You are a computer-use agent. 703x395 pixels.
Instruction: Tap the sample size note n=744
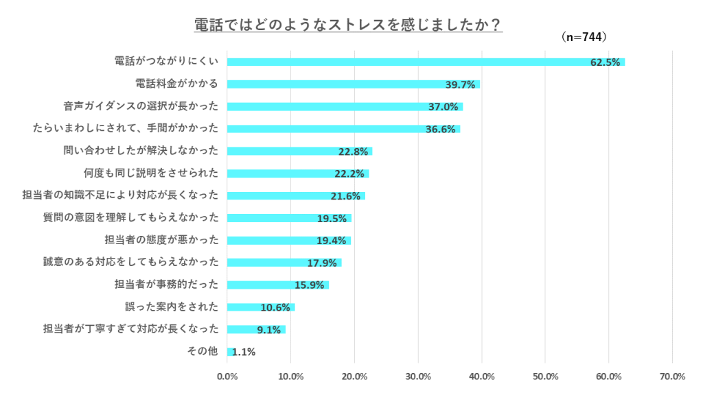[584, 38]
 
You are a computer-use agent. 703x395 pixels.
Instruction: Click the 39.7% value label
[461, 85]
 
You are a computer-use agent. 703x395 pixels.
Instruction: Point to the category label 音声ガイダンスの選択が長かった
[141, 106]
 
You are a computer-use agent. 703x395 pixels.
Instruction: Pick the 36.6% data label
[441, 130]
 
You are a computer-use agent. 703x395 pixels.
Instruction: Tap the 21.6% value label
[345, 196]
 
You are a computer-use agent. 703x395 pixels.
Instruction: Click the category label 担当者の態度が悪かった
[161, 240]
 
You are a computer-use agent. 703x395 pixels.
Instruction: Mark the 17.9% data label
[322, 263]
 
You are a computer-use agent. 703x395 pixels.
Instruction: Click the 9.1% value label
[269, 330]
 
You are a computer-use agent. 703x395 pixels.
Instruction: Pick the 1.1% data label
[244, 352]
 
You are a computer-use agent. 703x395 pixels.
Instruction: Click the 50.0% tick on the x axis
[545, 376]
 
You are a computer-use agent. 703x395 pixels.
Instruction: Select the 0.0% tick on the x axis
[227, 376]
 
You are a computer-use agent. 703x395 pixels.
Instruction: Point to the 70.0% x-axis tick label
[672, 376]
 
